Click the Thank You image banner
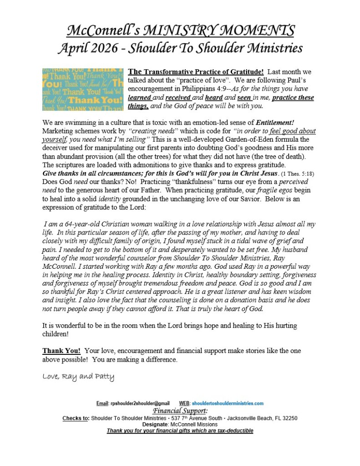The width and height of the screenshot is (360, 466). pyautogui.click(x=82, y=90)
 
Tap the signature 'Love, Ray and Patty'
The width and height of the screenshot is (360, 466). pyautogui.click(x=78, y=377)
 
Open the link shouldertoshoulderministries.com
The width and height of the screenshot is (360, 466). pyautogui.click(x=228, y=404)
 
